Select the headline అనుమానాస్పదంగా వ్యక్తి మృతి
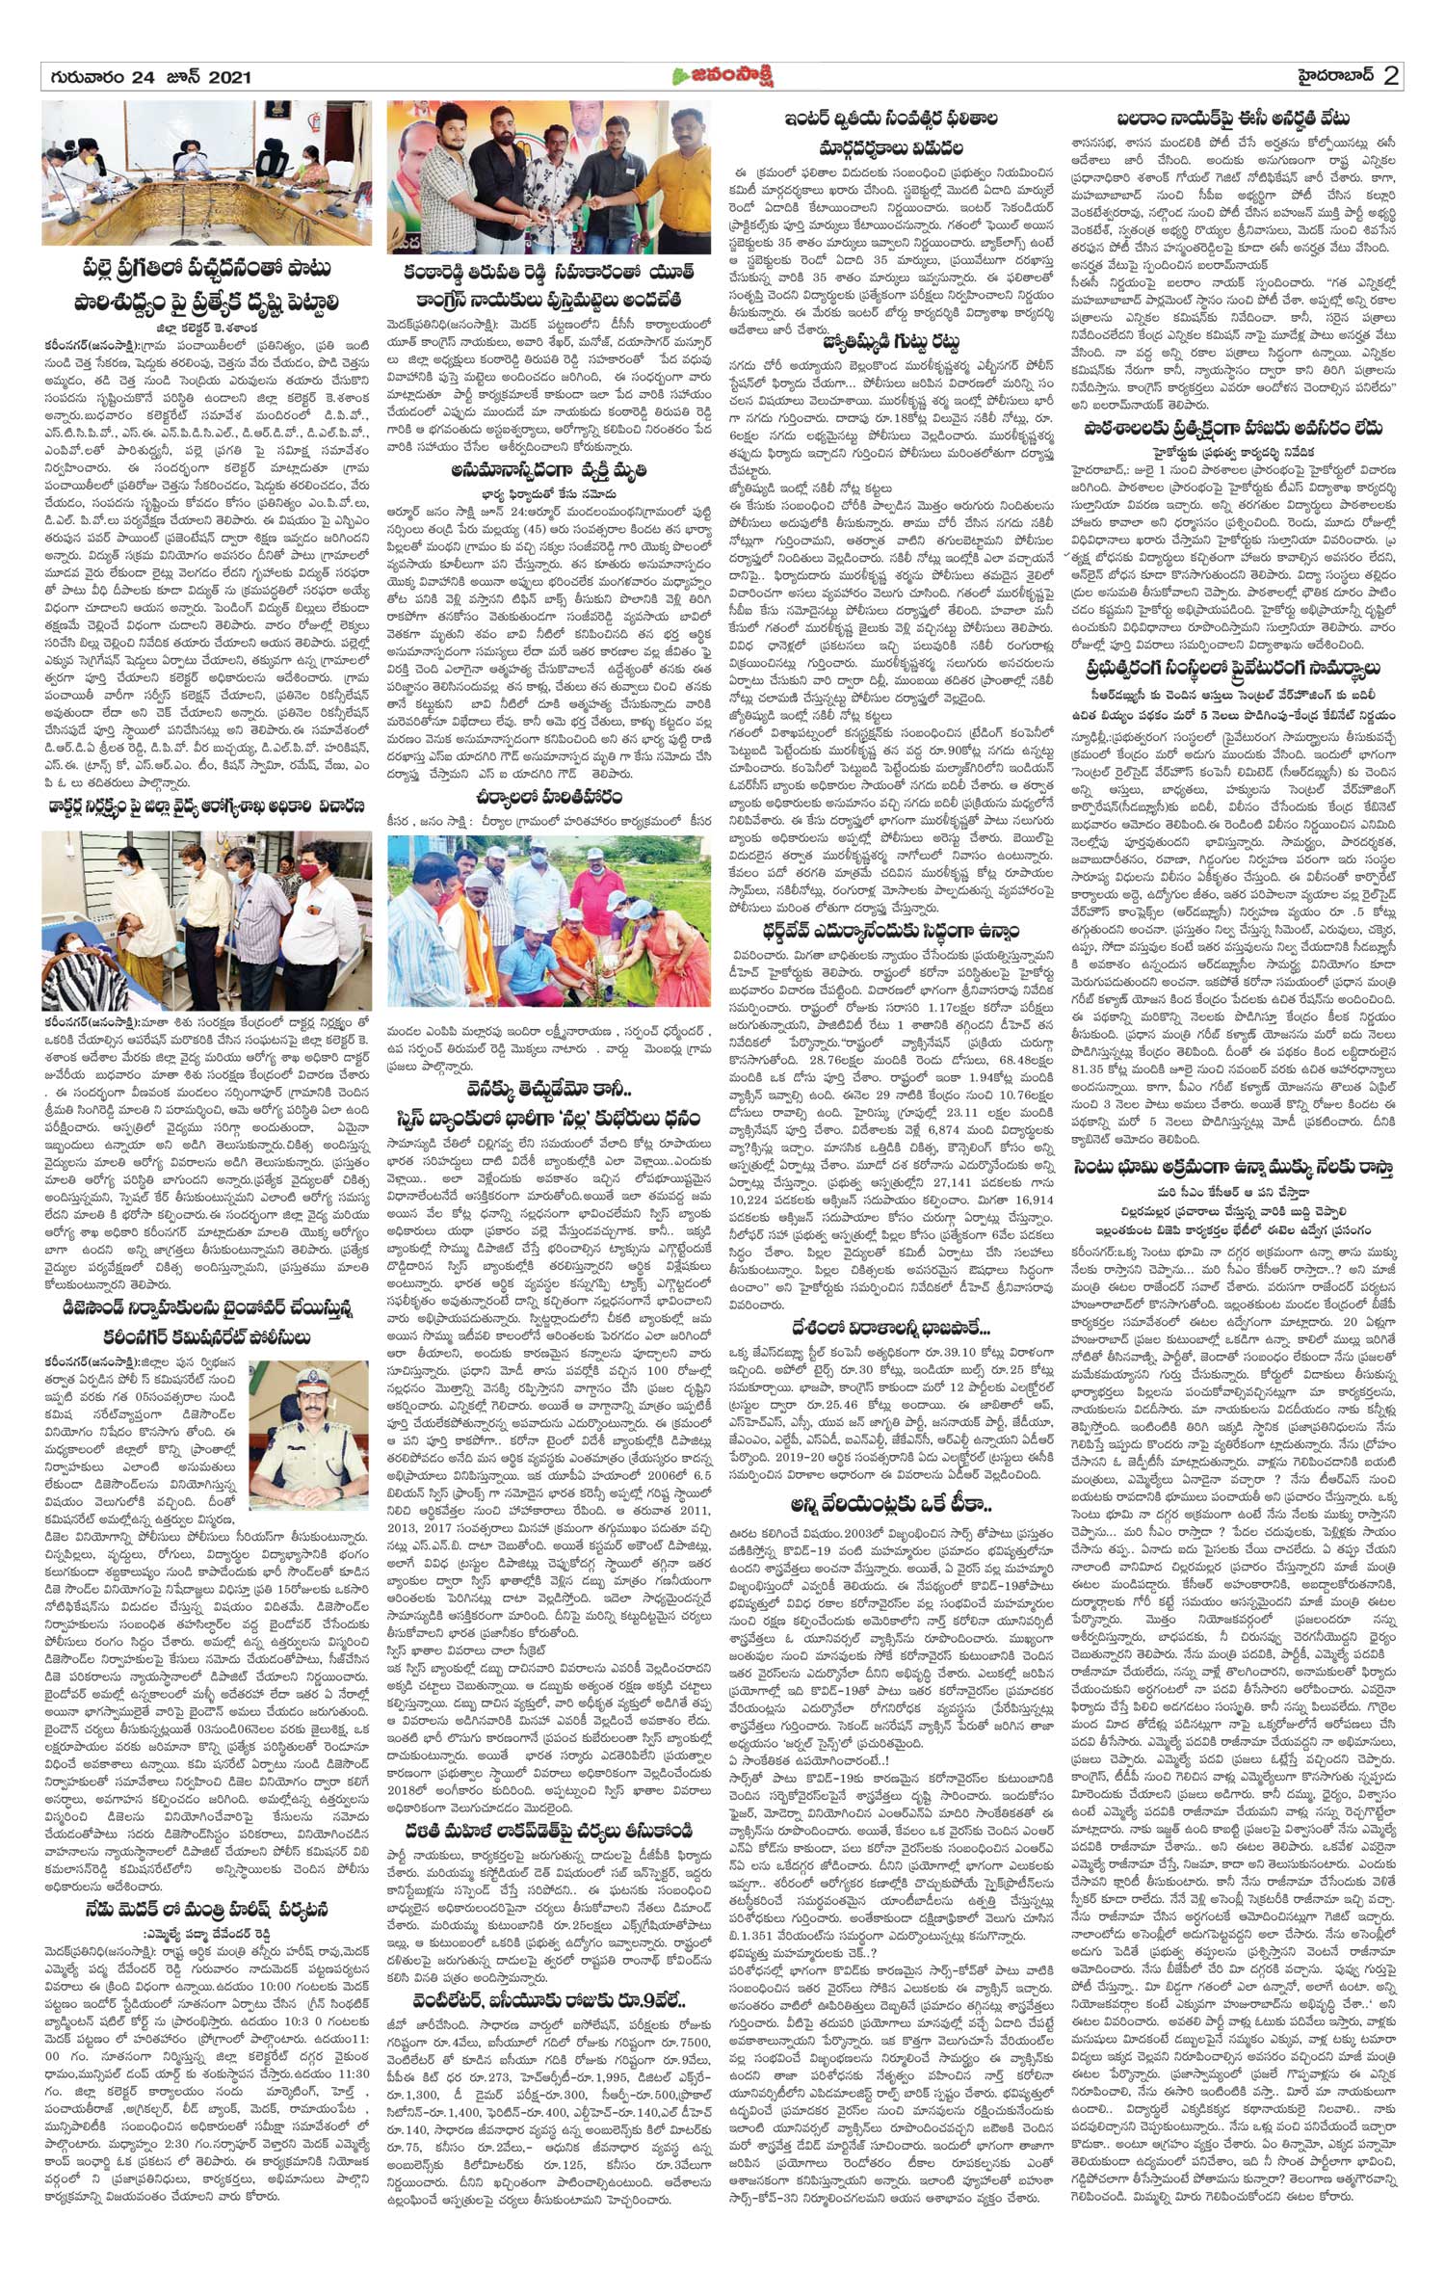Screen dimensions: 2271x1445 549,470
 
